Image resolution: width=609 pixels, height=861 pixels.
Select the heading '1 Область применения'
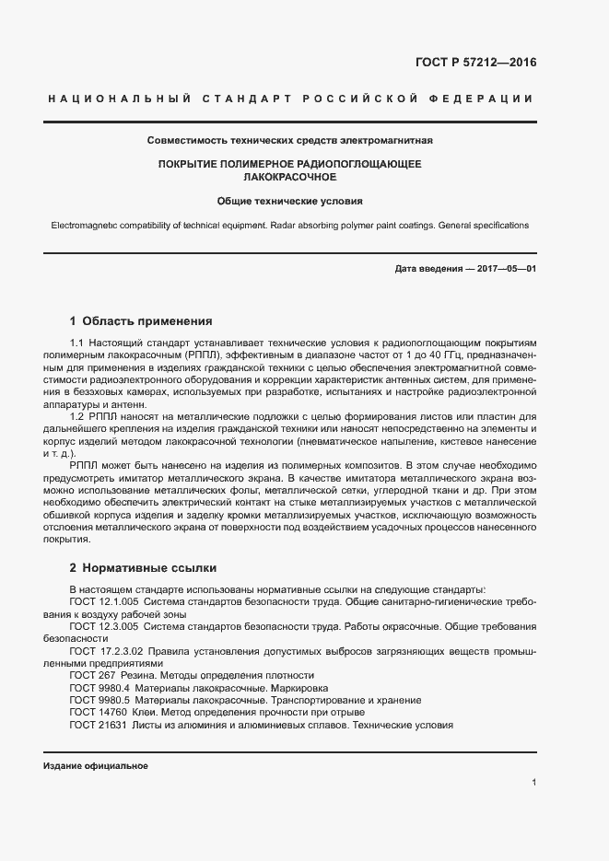(x=141, y=321)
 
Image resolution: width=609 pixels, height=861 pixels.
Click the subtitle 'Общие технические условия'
(x=290, y=199)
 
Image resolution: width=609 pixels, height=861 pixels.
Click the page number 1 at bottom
(x=534, y=783)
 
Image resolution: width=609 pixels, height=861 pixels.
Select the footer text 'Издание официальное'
(x=96, y=766)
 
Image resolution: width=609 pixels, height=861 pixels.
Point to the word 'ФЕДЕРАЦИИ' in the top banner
(x=490, y=99)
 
